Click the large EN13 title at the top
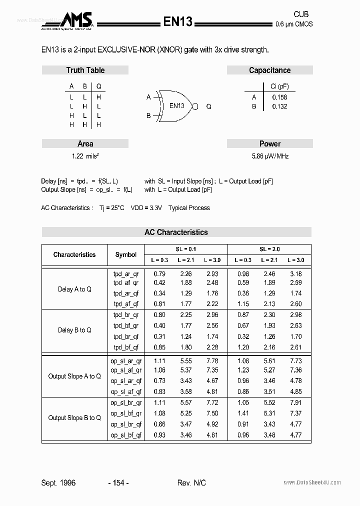178,21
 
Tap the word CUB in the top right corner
301,14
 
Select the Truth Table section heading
85,70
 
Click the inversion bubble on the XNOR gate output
195,106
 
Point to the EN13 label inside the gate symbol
176,105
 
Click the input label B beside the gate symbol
148,115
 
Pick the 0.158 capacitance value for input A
279,97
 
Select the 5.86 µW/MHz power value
270,156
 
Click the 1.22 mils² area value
85,156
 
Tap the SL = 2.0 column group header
269,249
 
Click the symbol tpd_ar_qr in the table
126,274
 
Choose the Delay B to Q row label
74,330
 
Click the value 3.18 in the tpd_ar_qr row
295,274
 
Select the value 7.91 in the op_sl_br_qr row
295,402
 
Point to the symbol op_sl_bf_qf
126,435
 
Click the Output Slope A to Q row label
74,376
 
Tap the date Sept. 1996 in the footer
58,482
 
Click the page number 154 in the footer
118,482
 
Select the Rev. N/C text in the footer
191,482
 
